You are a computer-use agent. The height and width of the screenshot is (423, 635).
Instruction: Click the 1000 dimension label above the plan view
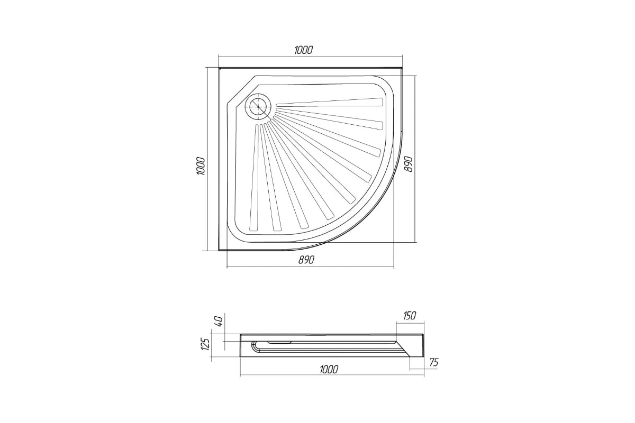click(303, 50)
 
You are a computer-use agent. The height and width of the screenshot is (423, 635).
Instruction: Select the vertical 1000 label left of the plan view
click(201, 165)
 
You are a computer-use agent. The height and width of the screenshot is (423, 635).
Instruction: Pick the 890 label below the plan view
click(306, 260)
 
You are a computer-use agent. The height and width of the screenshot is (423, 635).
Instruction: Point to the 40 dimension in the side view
click(219, 321)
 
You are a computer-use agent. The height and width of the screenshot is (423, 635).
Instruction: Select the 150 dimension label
click(410, 316)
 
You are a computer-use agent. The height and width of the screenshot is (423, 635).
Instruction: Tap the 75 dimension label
click(434, 362)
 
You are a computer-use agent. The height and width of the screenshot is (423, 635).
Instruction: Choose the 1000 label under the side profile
click(329, 370)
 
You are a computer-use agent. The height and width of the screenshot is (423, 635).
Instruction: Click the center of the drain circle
click(258, 107)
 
